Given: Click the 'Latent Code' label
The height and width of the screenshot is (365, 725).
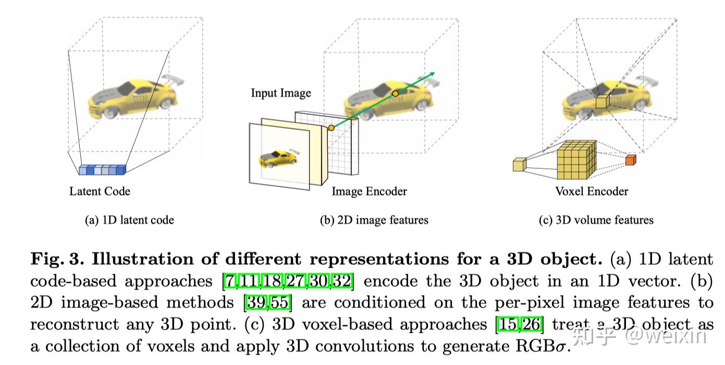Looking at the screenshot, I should [100, 192].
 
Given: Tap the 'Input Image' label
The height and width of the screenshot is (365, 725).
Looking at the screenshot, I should [280, 93].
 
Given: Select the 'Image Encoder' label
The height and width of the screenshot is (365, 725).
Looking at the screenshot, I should [369, 192].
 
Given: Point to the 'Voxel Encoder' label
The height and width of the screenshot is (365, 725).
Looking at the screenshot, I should [592, 191].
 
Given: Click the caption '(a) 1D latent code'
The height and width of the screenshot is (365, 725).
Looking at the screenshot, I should [129, 220].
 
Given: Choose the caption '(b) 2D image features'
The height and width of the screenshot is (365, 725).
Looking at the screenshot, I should [374, 220].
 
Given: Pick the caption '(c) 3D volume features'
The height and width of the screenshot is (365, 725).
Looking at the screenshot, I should [596, 220].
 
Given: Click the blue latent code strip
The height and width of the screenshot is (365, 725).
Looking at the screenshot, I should [103, 170].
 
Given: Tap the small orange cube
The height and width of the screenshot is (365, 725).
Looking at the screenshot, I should [631, 160].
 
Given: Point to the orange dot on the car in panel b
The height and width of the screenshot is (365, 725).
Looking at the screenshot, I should [396, 93].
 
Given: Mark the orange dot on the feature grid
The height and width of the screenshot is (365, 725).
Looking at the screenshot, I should [331, 128].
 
